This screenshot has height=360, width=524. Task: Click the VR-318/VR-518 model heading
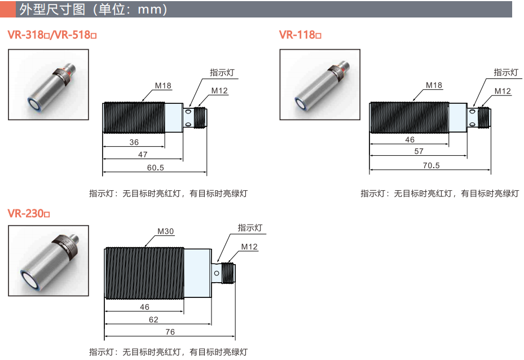point(52,35)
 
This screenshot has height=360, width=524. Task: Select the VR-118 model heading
point(300,35)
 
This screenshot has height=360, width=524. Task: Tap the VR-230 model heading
point(29,213)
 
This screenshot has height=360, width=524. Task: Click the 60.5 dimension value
point(156,168)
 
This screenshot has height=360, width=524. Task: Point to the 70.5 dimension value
point(431,165)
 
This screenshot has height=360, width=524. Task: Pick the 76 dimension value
point(170,332)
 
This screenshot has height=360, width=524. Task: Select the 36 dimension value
point(134,142)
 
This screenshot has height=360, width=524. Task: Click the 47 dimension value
point(143,155)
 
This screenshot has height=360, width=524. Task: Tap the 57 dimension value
point(419,151)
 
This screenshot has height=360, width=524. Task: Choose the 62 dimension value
point(153,319)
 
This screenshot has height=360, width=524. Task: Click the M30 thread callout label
point(166,231)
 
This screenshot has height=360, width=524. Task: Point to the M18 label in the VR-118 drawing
point(434,85)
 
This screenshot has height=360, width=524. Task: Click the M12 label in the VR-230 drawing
point(250,247)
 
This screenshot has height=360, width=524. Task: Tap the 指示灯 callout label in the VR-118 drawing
point(506,72)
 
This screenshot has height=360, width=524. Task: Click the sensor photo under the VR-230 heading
point(49,261)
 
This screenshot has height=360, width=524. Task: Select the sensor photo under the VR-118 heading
point(320,85)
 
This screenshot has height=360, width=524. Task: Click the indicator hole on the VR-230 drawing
point(217,274)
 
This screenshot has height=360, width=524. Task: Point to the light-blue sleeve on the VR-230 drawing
point(197,274)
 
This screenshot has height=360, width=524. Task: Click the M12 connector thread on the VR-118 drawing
point(484,117)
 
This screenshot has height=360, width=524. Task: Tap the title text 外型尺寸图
point(52,10)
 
